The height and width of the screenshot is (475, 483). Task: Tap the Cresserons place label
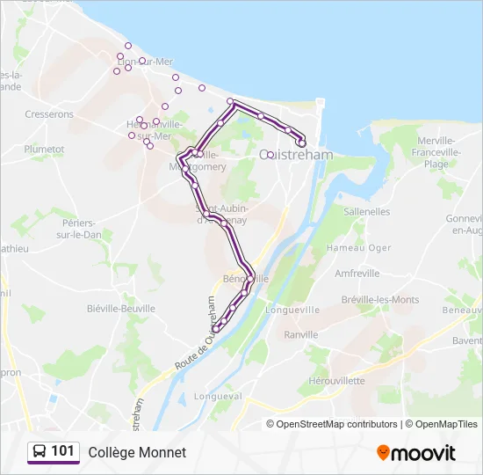point(49,114)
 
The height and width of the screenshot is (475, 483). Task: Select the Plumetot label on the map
point(45,150)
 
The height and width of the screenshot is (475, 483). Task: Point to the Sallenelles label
point(367,212)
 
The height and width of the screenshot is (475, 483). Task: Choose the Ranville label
point(301,334)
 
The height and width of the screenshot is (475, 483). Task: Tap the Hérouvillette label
point(336,381)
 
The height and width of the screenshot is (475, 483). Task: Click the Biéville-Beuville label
point(121,309)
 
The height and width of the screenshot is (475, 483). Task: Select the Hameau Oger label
point(358,248)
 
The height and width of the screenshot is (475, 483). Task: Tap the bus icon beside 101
point(40,451)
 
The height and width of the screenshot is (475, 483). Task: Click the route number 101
point(62,451)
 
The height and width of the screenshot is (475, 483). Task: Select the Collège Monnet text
point(137,452)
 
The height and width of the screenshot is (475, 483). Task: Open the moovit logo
point(416,452)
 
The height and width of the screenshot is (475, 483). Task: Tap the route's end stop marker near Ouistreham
point(301,142)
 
